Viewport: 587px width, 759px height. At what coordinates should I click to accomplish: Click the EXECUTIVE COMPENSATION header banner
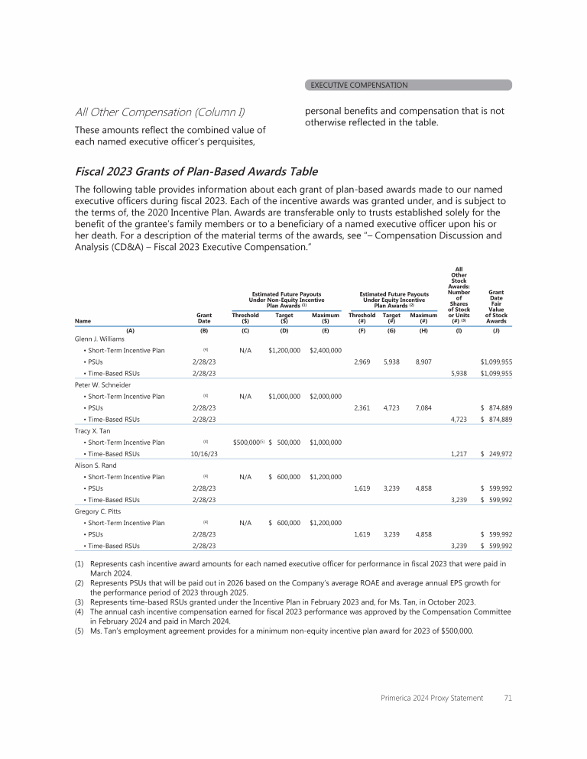tap(408, 85)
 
